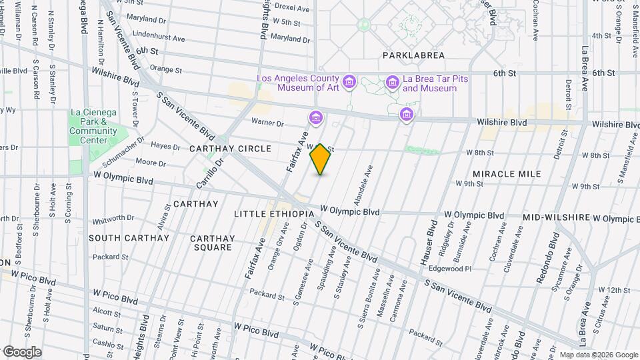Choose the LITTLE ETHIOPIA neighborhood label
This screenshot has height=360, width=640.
click(274, 213)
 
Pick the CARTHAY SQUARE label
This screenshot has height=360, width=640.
click(212, 243)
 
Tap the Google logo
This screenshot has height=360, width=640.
click(22, 351)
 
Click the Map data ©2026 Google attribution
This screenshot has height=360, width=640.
click(598, 355)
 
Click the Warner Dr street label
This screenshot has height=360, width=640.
click(267, 122)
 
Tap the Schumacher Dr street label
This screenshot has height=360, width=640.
click(124, 154)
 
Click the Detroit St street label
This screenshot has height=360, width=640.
click(568, 96)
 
